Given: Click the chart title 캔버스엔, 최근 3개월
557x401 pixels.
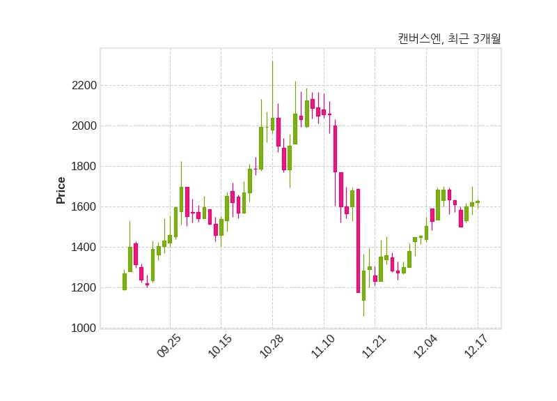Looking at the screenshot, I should [x=449, y=39].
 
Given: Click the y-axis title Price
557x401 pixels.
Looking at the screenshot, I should [x=61, y=190].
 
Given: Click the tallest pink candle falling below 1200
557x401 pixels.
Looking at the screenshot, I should [x=358, y=241].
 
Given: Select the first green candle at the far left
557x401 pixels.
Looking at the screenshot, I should [x=125, y=281].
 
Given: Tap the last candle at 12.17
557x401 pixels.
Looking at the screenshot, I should [x=478, y=202].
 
